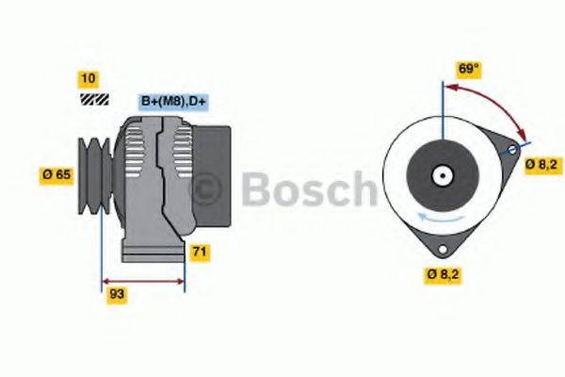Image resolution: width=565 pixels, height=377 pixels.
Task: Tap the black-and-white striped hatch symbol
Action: (x=94, y=99)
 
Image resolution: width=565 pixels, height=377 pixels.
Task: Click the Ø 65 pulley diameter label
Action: (x=56, y=173)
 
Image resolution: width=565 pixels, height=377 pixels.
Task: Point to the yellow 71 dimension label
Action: (x=199, y=252)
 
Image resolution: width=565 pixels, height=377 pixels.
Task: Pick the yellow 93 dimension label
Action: (x=118, y=293)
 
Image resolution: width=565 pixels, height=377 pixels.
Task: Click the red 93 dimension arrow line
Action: (x=143, y=280)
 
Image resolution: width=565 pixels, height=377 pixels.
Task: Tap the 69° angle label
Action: (x=468, y=69)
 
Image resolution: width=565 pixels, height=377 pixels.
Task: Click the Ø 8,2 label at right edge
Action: (x=541, y=164)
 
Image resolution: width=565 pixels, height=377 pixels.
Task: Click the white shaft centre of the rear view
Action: (x=441, y=175)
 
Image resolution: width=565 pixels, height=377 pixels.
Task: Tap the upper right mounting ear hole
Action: (x=512, y=150)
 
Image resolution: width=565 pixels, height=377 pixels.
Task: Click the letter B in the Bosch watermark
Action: (x=256, y=188)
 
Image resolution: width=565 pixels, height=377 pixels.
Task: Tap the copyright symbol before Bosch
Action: (x=208, y=188)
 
